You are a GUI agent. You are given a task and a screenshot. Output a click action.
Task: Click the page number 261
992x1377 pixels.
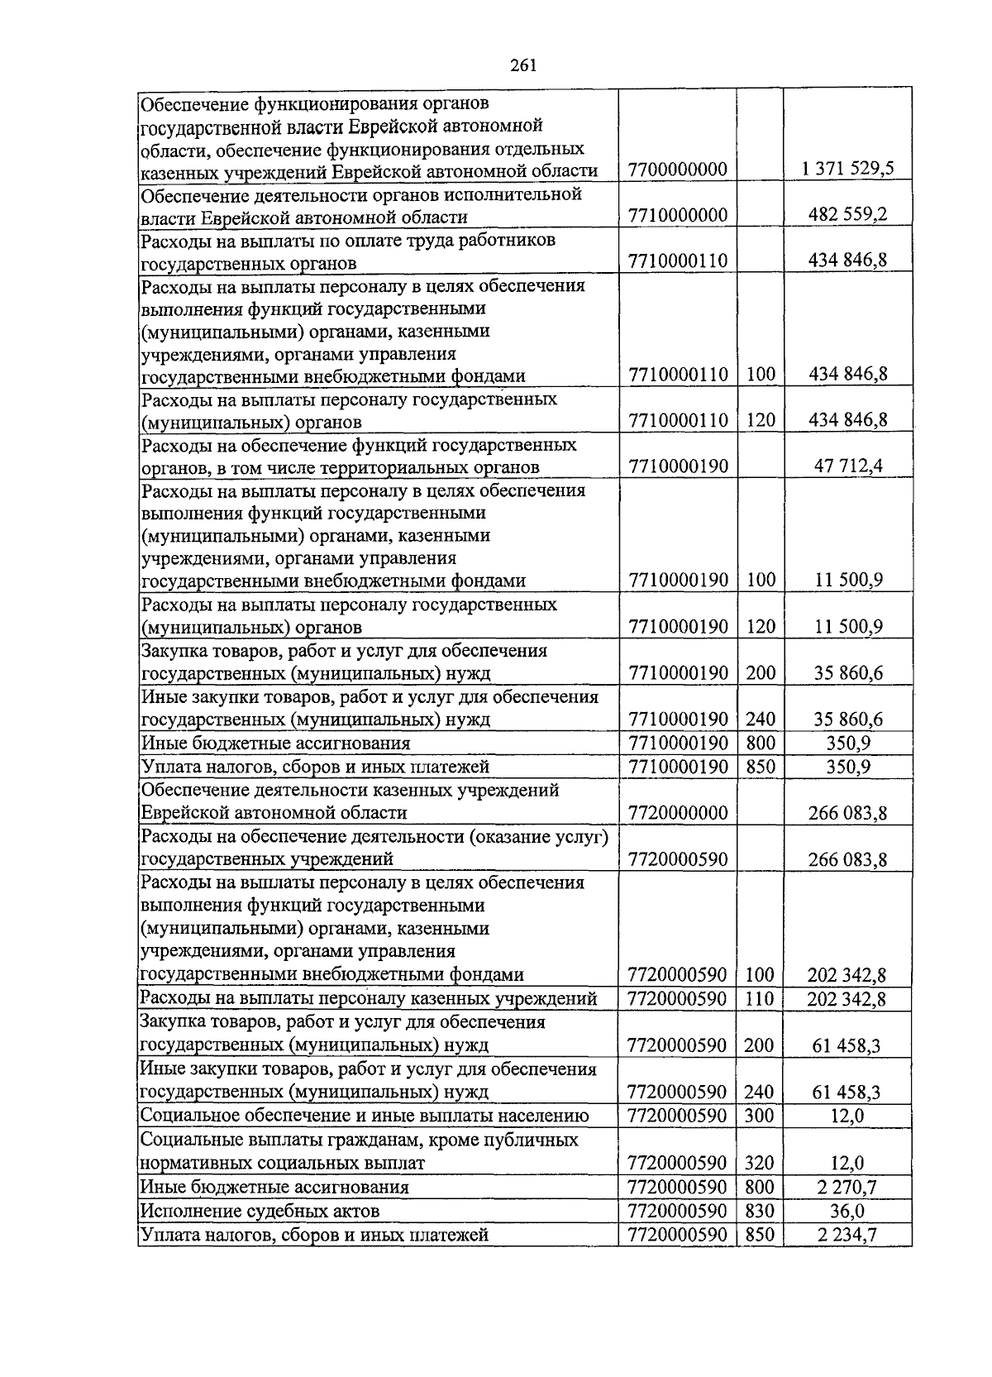coord(524,66)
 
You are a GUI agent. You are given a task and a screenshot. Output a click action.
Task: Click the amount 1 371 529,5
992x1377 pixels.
coord(847,170)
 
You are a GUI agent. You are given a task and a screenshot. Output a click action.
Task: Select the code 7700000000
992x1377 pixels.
coord(677,170)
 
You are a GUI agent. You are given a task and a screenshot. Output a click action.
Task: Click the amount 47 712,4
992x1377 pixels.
coord(848,466)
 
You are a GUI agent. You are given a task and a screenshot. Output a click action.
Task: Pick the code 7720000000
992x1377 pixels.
coord(677,813)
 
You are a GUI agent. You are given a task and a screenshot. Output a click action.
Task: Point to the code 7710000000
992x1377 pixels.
coord(677,216)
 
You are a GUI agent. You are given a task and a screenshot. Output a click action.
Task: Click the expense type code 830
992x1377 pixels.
coord(759,1212)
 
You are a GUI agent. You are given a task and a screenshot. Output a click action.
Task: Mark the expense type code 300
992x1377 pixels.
coord(759,1116)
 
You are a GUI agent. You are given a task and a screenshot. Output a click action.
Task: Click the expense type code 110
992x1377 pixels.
coord(759,999)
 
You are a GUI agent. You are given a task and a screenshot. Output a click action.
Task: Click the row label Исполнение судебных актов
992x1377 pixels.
coord(260,1212)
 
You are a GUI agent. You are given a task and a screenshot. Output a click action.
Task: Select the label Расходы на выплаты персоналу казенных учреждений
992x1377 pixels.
coord(368,998)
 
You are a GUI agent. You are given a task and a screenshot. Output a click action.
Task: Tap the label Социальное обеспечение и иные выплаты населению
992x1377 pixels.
coord(365,1116)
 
